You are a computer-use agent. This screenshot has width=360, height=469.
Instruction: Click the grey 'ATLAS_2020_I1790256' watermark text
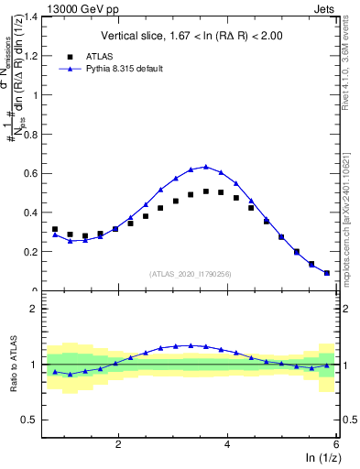point(191,273)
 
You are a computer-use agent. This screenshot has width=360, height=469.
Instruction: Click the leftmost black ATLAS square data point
point(55,229)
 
